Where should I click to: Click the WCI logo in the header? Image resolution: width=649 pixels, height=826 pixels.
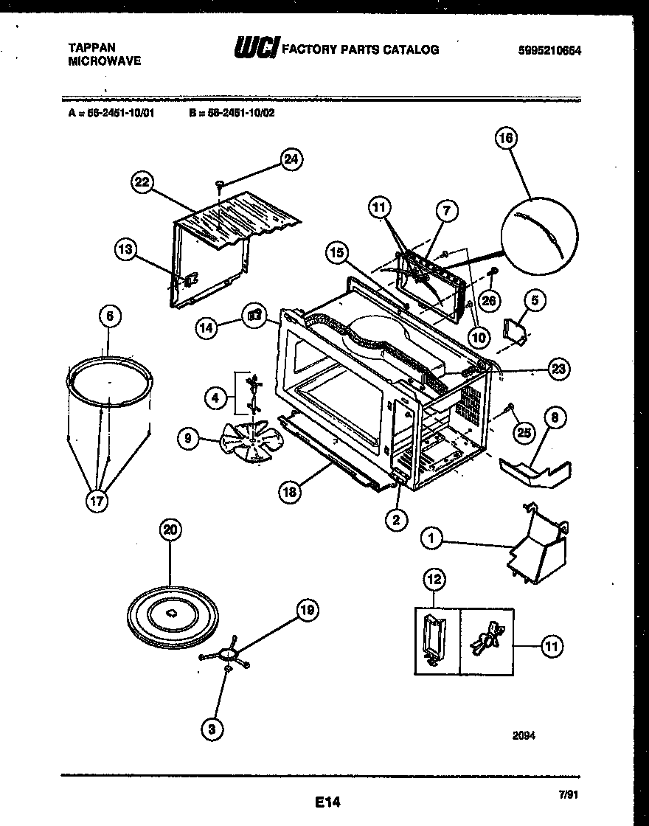(x=255, y=49)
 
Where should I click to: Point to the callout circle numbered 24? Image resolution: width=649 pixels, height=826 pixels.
(x=293, y=159)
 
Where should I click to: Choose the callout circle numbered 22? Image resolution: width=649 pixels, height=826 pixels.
(x=143, y=182)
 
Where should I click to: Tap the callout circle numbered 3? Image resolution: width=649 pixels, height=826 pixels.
(x=212, y=729)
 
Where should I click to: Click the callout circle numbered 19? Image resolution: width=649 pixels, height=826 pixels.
(x=308, y=610)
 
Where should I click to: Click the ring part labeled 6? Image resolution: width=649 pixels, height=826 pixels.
(x=108, y=383)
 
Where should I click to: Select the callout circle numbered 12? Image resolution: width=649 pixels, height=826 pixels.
(x=434, y=580)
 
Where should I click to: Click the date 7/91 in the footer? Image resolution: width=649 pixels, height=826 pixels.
(x=568, y=795)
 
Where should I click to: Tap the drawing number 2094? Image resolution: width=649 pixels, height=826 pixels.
(x=524, y=735)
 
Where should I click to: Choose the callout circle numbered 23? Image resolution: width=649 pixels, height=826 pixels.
(x=559, y=369)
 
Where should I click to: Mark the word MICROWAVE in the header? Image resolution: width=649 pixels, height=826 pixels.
(x=104, y=62)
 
